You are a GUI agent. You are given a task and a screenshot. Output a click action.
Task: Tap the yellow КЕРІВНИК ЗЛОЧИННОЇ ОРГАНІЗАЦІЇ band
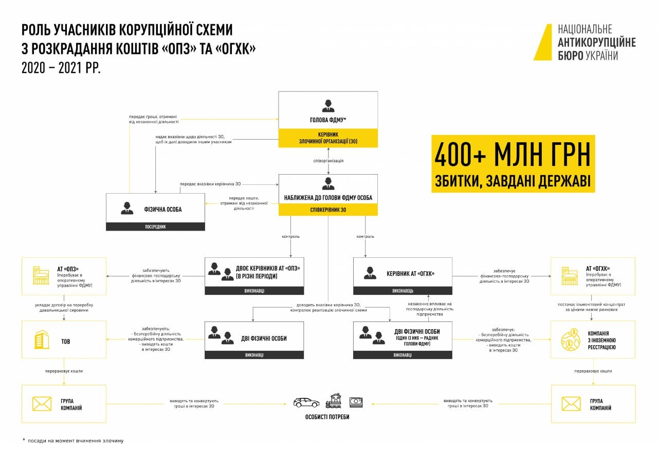click(328, 138)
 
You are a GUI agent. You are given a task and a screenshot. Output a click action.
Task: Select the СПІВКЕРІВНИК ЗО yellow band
click(328, 210)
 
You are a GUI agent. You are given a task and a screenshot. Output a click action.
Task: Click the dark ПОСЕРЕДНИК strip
click(155, 226)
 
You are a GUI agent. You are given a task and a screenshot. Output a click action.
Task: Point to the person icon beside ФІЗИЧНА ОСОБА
click(127, 208)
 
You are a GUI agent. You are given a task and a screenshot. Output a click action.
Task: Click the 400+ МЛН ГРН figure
click(513, 155)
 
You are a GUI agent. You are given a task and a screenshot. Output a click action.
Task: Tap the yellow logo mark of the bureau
click(543, 42)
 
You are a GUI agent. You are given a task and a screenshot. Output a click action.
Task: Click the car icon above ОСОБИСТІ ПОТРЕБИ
click(306, 402)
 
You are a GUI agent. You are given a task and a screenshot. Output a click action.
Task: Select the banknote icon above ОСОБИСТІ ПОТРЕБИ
click(356, 402)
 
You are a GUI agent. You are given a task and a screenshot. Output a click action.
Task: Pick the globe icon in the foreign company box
click(571, 339)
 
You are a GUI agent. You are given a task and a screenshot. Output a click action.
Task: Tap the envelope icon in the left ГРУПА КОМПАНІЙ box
click(42, 404)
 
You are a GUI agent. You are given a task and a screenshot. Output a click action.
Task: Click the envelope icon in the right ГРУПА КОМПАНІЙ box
click(571, 404)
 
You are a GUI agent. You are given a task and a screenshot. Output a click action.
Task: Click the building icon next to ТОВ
click(42, 340)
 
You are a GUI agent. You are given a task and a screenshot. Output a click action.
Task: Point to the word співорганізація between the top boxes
click(328, 161)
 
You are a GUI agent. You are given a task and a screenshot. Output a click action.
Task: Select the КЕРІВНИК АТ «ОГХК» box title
click(410, 273)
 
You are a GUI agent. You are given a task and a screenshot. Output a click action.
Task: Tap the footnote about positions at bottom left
click(72, 441)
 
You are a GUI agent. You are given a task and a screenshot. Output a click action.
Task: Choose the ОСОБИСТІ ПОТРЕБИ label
click(327, 417)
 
